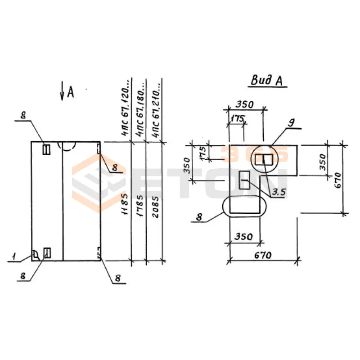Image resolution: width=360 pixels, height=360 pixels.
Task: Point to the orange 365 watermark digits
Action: pyautogui.click(x=254, y=155)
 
